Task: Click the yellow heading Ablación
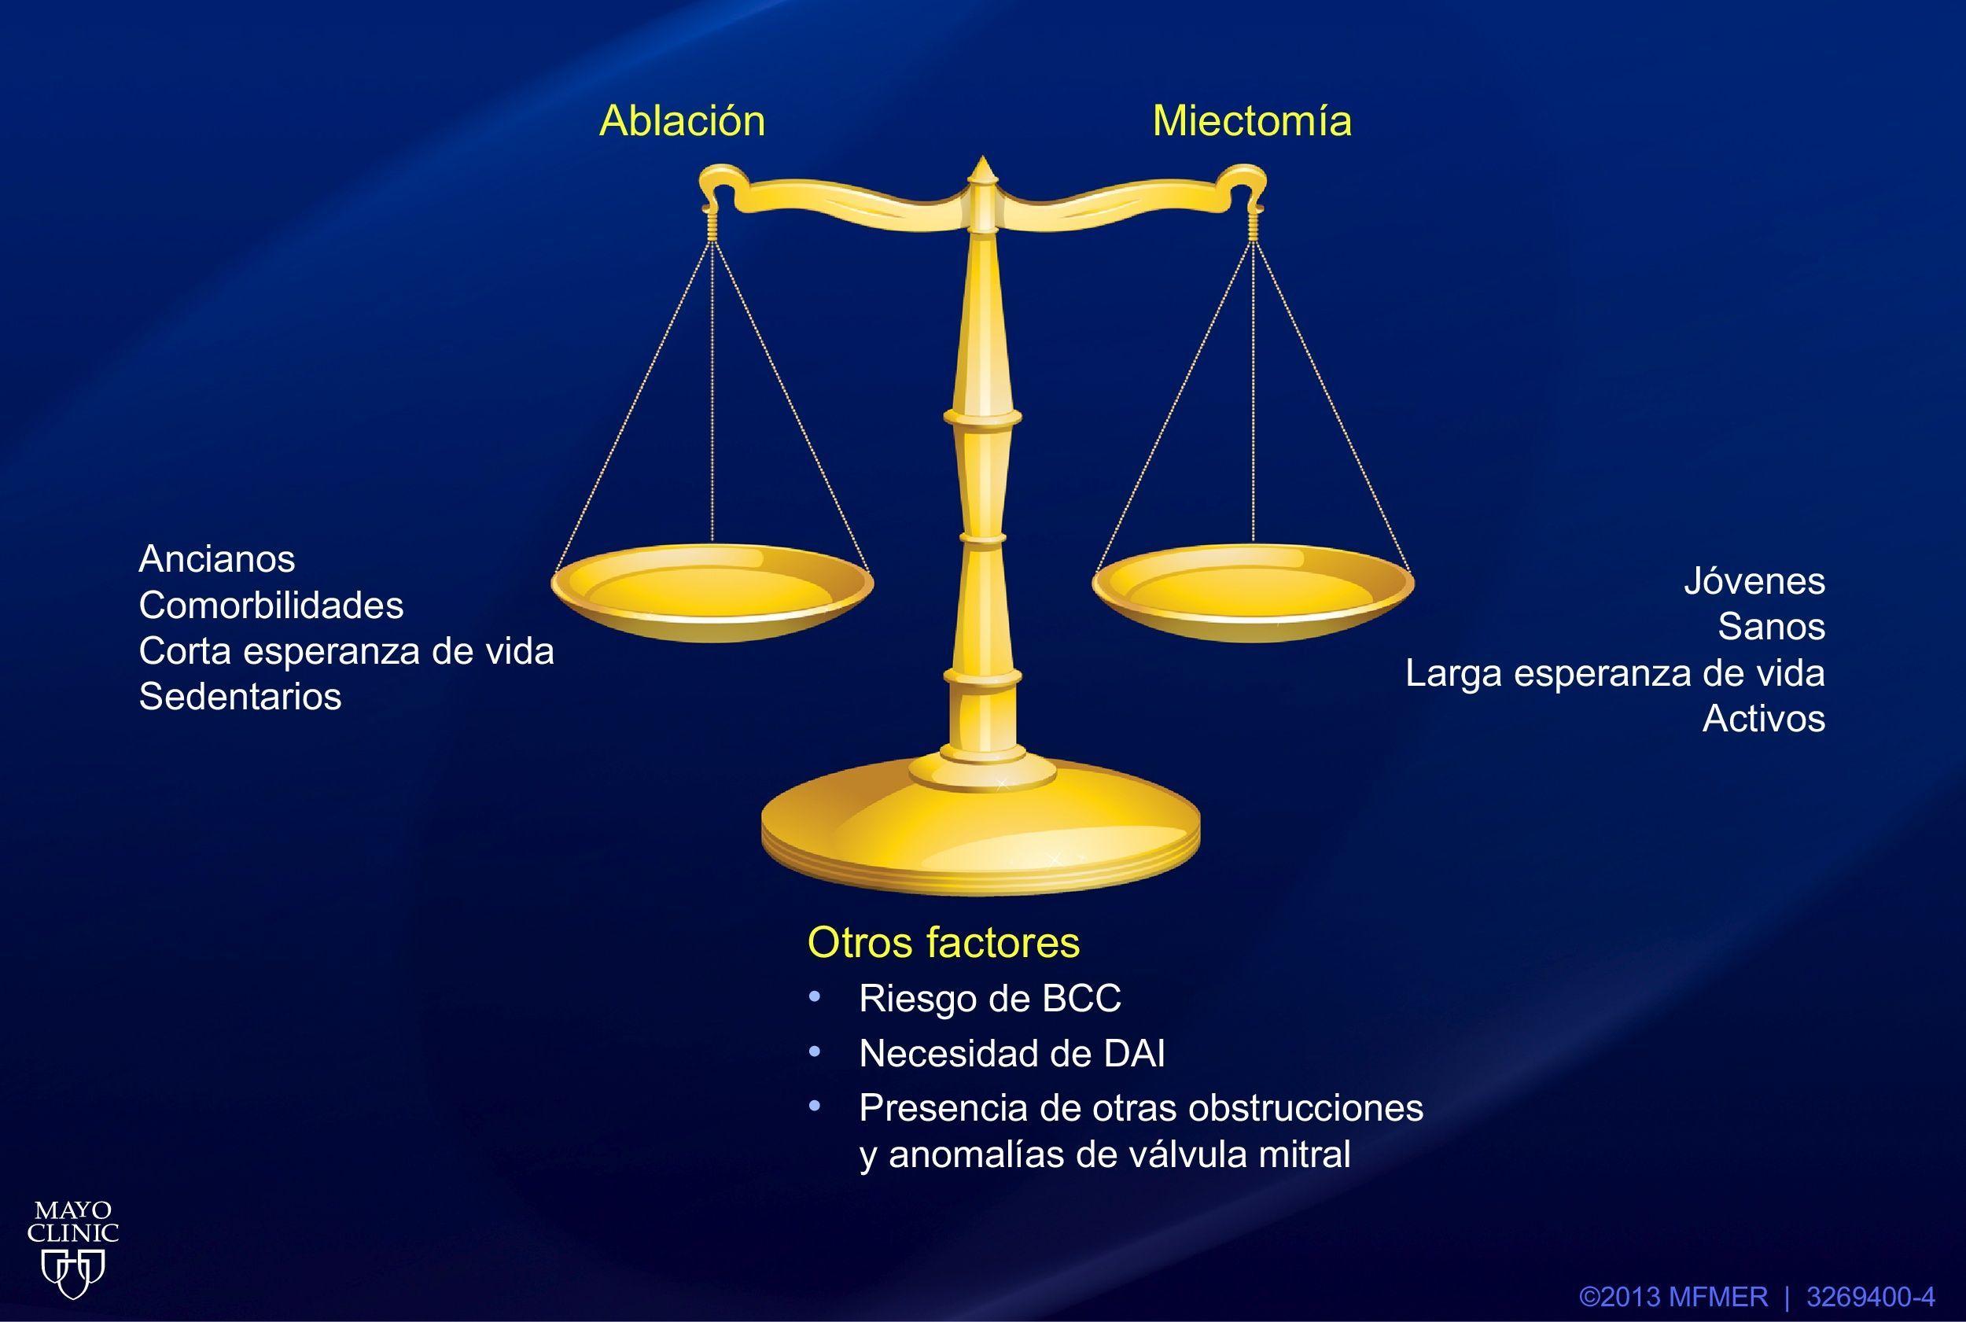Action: click(682, 120)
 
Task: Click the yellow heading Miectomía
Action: click(1252, 120)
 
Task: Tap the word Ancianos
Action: click(217, 558)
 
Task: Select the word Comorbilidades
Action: click(271, 605)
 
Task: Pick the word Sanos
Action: click(1771, 627)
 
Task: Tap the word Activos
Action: click(1764, 718)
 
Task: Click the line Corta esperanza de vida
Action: click(347, 651)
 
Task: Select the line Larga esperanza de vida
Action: click(1615, 673)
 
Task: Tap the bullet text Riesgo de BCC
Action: click(990, 998)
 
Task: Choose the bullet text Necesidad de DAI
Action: click(1011, 1053)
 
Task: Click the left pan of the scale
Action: click(712, 593)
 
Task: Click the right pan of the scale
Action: click(1253, 593)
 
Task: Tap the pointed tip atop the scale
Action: click(981, 157)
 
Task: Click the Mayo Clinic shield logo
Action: click(73, 1273)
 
